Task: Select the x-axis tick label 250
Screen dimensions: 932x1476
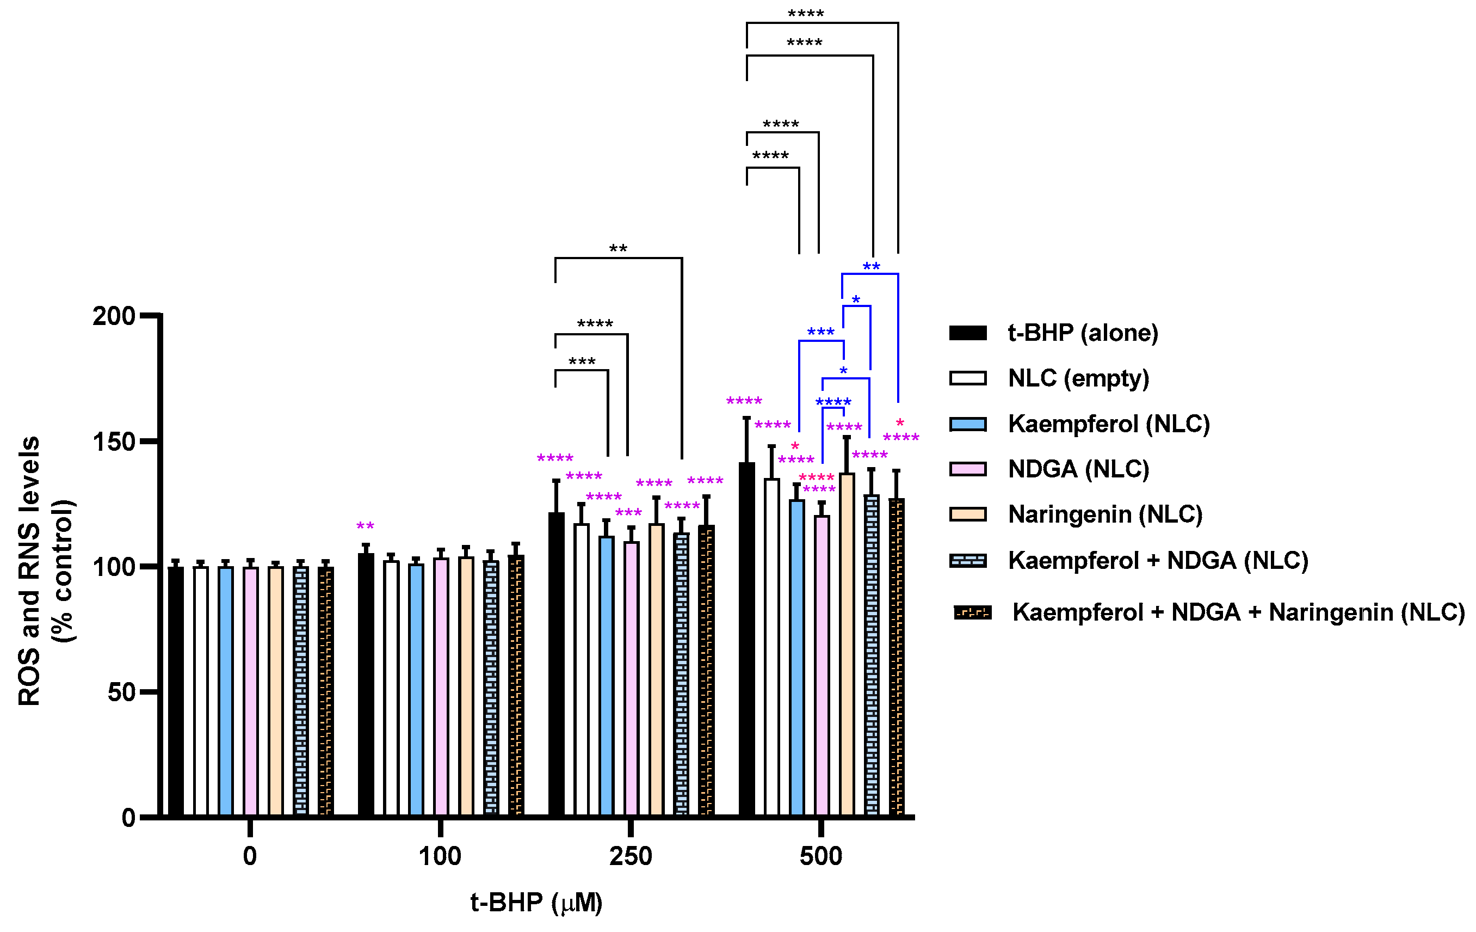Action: pyautogui.click(x=630, y=856)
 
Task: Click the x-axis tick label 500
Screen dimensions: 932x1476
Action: pyautogui.click(x=821, y=856)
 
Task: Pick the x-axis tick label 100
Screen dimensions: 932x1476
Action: pyautogui.click(x=440, y=856)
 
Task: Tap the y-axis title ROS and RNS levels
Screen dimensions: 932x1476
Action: pyautogui.click(x=29, y=570)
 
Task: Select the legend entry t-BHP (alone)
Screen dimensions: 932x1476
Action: pyautogui.click(x=1083, y=333)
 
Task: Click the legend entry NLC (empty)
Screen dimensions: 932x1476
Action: pyautogui.click(x=1078, y=378)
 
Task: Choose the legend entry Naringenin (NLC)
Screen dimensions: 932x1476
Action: pyautogui.click(x=1104, y=514)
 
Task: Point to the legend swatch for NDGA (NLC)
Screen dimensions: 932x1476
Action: pyautogui.click(x=968, y=469)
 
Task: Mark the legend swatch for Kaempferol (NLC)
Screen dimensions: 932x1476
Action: pyautogui.click(x=968, y=424)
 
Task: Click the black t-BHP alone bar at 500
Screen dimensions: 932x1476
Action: pyautogui.click(x=746, y=637)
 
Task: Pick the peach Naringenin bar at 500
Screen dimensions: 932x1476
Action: pyautogui.click(x=847, y=644)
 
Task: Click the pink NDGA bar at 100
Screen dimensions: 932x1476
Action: pyautogui.click(x=441, y=686)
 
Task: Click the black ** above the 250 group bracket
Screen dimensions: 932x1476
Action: pyautogui.click(x=618, y=249)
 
